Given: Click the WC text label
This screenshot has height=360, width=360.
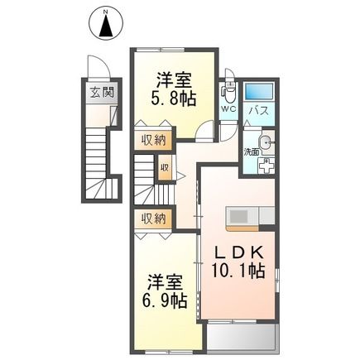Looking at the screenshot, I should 228,108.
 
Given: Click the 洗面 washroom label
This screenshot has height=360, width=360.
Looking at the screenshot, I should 251,151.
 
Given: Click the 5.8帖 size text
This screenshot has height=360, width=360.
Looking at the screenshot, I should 175,97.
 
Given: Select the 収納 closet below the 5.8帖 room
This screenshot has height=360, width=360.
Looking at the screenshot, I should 152,139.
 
